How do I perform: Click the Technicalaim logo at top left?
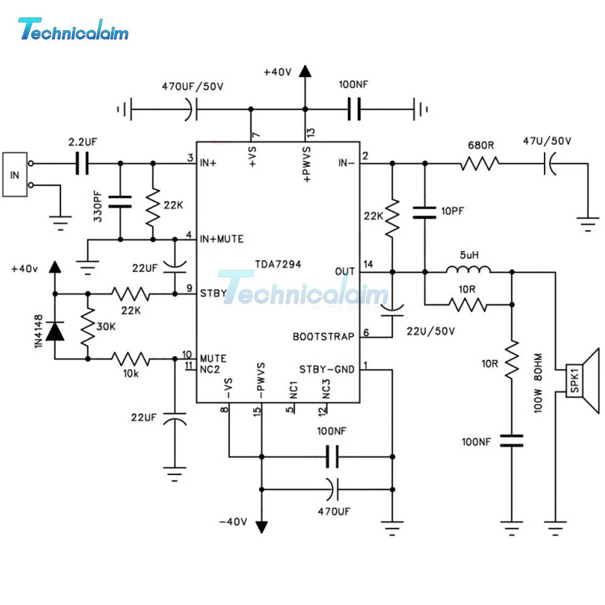tap(73, 29)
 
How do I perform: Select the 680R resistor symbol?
tap(480, 164)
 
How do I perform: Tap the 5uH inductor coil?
tap(468, 272)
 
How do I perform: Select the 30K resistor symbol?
tap(88, 326)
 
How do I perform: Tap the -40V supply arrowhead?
tap(261, 526)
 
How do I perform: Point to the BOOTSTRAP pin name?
tap(323, 337)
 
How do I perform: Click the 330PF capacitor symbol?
tap(120, 202)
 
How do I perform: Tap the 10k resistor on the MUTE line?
tap(132, 359)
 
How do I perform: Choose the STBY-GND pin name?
tap(326, 369)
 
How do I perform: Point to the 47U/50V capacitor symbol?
tap(550, 164)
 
